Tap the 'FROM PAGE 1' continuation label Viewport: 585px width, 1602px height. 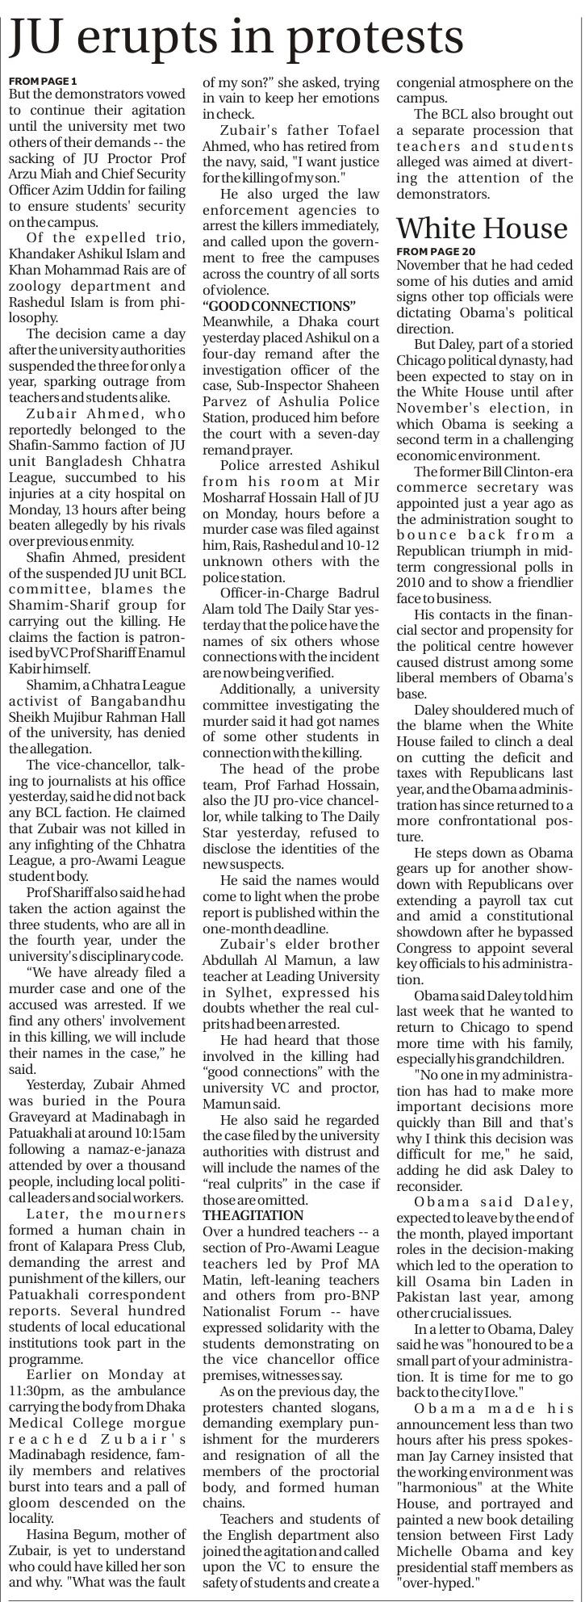(43, 82)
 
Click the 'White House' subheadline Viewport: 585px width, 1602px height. (482, 229)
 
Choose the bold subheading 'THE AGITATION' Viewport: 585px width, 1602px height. (253, 1214)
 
